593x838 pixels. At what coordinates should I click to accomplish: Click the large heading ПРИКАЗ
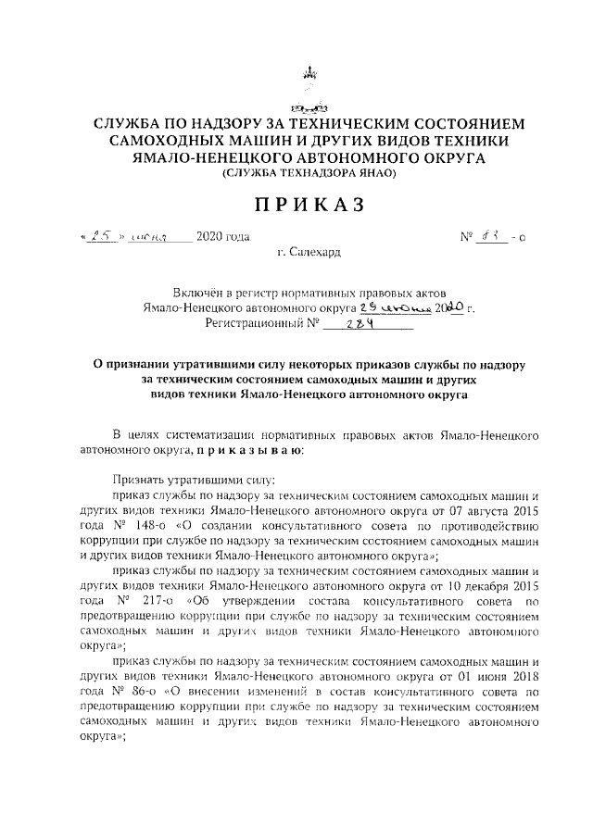[296, 203]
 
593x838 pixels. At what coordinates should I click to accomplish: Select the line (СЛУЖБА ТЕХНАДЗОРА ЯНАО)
[296, 173]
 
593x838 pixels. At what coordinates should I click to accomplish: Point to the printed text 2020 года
[223, 238]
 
